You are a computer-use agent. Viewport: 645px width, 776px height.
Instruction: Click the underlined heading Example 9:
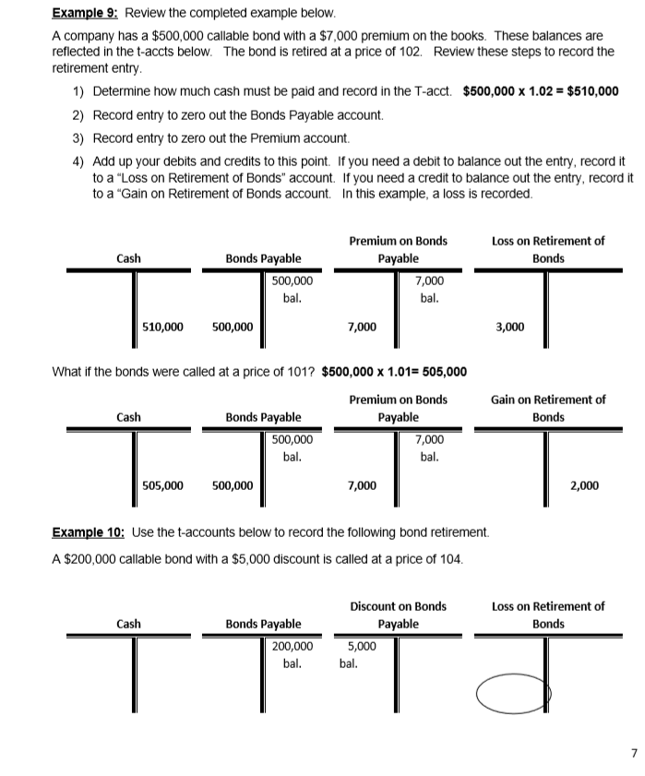click(86, 14)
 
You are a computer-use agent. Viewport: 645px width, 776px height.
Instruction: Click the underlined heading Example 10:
click(90, 532)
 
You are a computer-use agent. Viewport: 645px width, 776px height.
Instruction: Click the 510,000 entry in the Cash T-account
click(162, 326)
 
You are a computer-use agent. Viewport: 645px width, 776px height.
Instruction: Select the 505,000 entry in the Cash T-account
click(162, 484)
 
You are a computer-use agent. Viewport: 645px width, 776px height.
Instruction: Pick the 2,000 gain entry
click(583, 484)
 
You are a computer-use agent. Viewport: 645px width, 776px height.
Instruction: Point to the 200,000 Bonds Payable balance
click(292, 647)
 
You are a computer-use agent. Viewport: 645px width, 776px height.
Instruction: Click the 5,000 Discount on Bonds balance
click(361, 647)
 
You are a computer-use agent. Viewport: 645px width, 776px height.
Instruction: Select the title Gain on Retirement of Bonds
click(548, 408)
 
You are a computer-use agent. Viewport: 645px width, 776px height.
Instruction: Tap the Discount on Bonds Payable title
click(398, 615)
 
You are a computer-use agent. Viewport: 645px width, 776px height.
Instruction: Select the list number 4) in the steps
click(78, 161)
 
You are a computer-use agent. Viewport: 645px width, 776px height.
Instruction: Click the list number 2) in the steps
click(78, 114)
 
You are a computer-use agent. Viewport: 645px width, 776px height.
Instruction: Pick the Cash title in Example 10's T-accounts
click(128, 624)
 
